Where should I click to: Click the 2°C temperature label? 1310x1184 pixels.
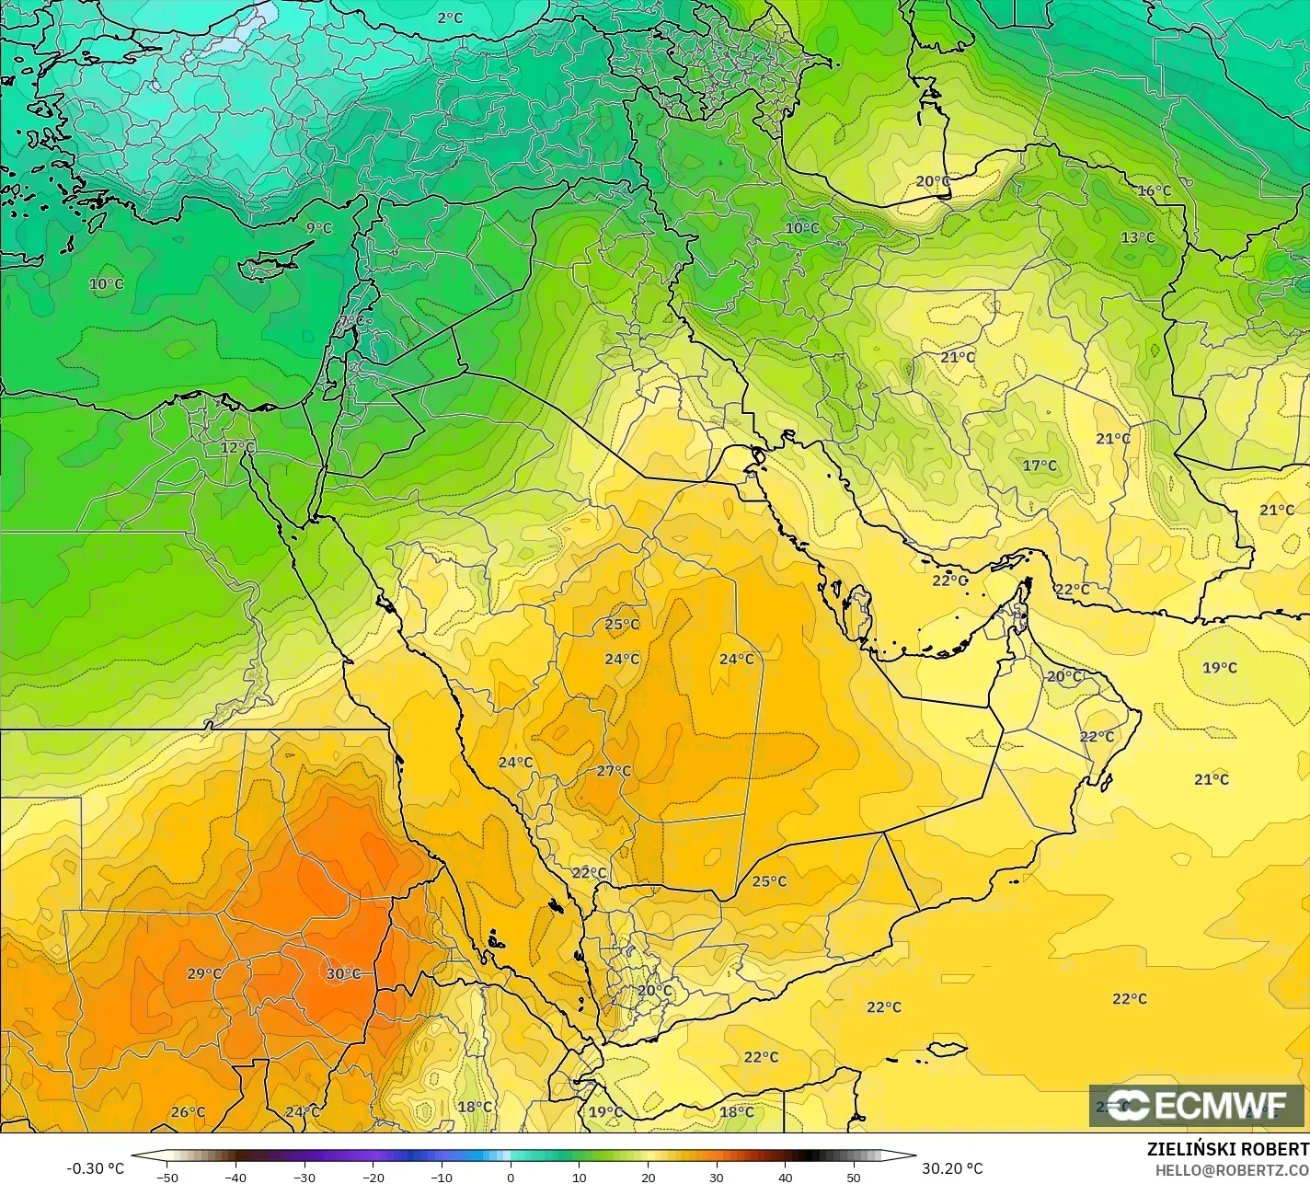tap(450, 17)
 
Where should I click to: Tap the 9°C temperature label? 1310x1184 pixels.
tap(319, 227)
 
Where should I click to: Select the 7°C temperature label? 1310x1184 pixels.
tap(351, 321)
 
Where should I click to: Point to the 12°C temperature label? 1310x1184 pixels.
tap(237, 447)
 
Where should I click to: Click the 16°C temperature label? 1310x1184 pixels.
tap(1155, 190)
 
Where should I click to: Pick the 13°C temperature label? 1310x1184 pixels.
tap(1137, 237)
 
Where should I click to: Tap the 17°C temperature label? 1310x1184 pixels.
tap(1040, 466)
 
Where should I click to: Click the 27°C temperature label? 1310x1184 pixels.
tap(614, 771)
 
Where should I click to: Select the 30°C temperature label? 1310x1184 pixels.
tap(343, 973)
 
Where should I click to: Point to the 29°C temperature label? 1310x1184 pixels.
tap(204, 973)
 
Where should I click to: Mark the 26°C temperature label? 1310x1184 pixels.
tap(188, 1112)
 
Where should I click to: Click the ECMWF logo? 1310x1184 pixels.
tap(1196, 1105)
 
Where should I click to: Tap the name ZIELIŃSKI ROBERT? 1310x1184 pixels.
tap(1227, 1149)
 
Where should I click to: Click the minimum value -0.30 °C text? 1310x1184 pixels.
tap(95, 1168)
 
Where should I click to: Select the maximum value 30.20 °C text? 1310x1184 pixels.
tap(952, 1168)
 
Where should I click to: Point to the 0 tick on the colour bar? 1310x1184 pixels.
tap(510, 1177)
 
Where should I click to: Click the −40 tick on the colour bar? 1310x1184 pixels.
tap(236, 1177)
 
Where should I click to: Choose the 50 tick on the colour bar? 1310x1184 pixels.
tap(854, 1177)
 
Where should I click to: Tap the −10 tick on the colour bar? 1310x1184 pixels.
tap(442, 1177)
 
